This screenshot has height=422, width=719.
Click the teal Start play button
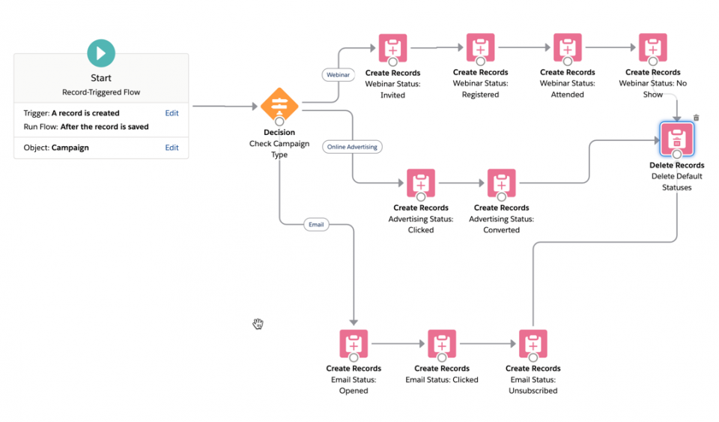pyautogui.click(x=101, y=53)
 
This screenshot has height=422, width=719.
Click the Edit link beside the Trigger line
pyautogui.click(x=172, y=113)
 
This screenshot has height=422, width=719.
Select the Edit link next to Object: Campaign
pyautogui.click(x=172, y=148)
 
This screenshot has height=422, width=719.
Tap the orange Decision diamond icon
pyautogui.click(x=279, y=104)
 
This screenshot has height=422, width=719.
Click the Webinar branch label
pyautogui.click(x=337, y=75)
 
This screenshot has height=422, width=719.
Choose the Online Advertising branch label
pyautogui.click(x=353, y=147)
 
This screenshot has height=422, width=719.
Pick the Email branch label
pyautogui.click(x=316, y=224)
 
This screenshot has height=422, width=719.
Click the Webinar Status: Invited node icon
pyautogui.click(x=392, y=48)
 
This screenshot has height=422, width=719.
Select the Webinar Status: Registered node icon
pyautogui.click(x=480, y=48)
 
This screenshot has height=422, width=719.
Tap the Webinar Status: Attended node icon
pyautogui.click(x=567, y=48)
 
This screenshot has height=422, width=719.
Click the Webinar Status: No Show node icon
pyautogui.click(x=652, y=48)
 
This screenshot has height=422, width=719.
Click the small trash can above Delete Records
pyautogui.click(x=697, y=118)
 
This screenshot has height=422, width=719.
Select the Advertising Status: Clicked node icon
pyautogui.click(x=421, y=184)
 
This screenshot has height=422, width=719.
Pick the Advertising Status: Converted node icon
pyautogui.click(x=501, y=184)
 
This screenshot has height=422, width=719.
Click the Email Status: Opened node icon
pyautogui.click(x=354, y=344)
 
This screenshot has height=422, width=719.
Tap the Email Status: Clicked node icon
pyautogui.click(x=442, y=344)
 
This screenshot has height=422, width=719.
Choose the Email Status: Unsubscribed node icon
pyautogui.click(x=533, y=344)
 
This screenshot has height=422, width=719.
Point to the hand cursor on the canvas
pyautogui.click(x=258, y=323)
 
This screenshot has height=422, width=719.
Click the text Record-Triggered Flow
pyautogui.click(x=101, y=92)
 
